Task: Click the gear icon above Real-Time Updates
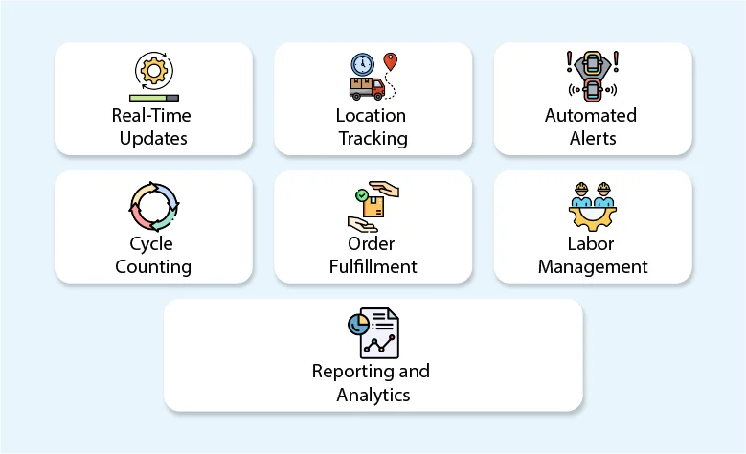point(153,71)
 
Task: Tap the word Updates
point(153,138)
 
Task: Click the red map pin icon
point(390,62)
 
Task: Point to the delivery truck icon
point(367,88)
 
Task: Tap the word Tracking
point(372,138)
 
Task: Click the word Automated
point(591,115)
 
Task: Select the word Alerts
point(591,138)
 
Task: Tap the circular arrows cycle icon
point(153,205)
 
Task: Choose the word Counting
point(153,266)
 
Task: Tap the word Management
point(593,266)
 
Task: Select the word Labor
point(593,243)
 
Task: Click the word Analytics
point(373,394)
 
